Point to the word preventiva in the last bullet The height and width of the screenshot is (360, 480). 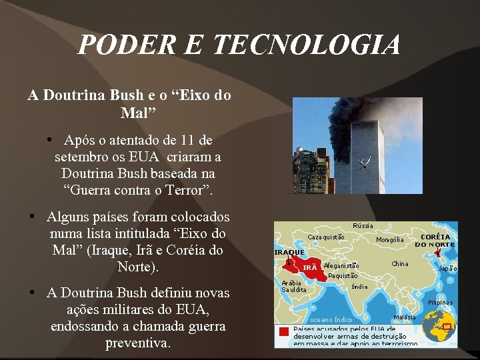(x=138, y=345)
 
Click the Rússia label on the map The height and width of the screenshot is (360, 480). (x=363, y=226)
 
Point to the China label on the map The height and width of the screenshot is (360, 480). (x=399, y=264)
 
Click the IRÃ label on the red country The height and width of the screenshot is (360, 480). (x=310, y=267)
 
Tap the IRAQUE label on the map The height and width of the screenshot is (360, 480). (x=289, y=253)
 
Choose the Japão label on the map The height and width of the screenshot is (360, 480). (x=447, y=269)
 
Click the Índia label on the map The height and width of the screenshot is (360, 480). (x=359, y=287)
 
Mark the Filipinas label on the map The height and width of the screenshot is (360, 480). (x=441, y=303)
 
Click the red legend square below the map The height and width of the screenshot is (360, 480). (x=284, y=332)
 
